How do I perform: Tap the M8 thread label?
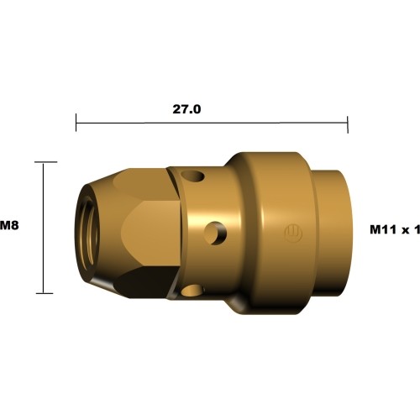[9, 225]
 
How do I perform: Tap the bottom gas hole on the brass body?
[192, 291]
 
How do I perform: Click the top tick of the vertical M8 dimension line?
[44, 162]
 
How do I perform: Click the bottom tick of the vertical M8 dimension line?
[44, 293]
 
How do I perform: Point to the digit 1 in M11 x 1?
[416, 228]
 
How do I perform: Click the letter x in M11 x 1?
[404, 229]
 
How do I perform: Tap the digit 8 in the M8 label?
[14, 225]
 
